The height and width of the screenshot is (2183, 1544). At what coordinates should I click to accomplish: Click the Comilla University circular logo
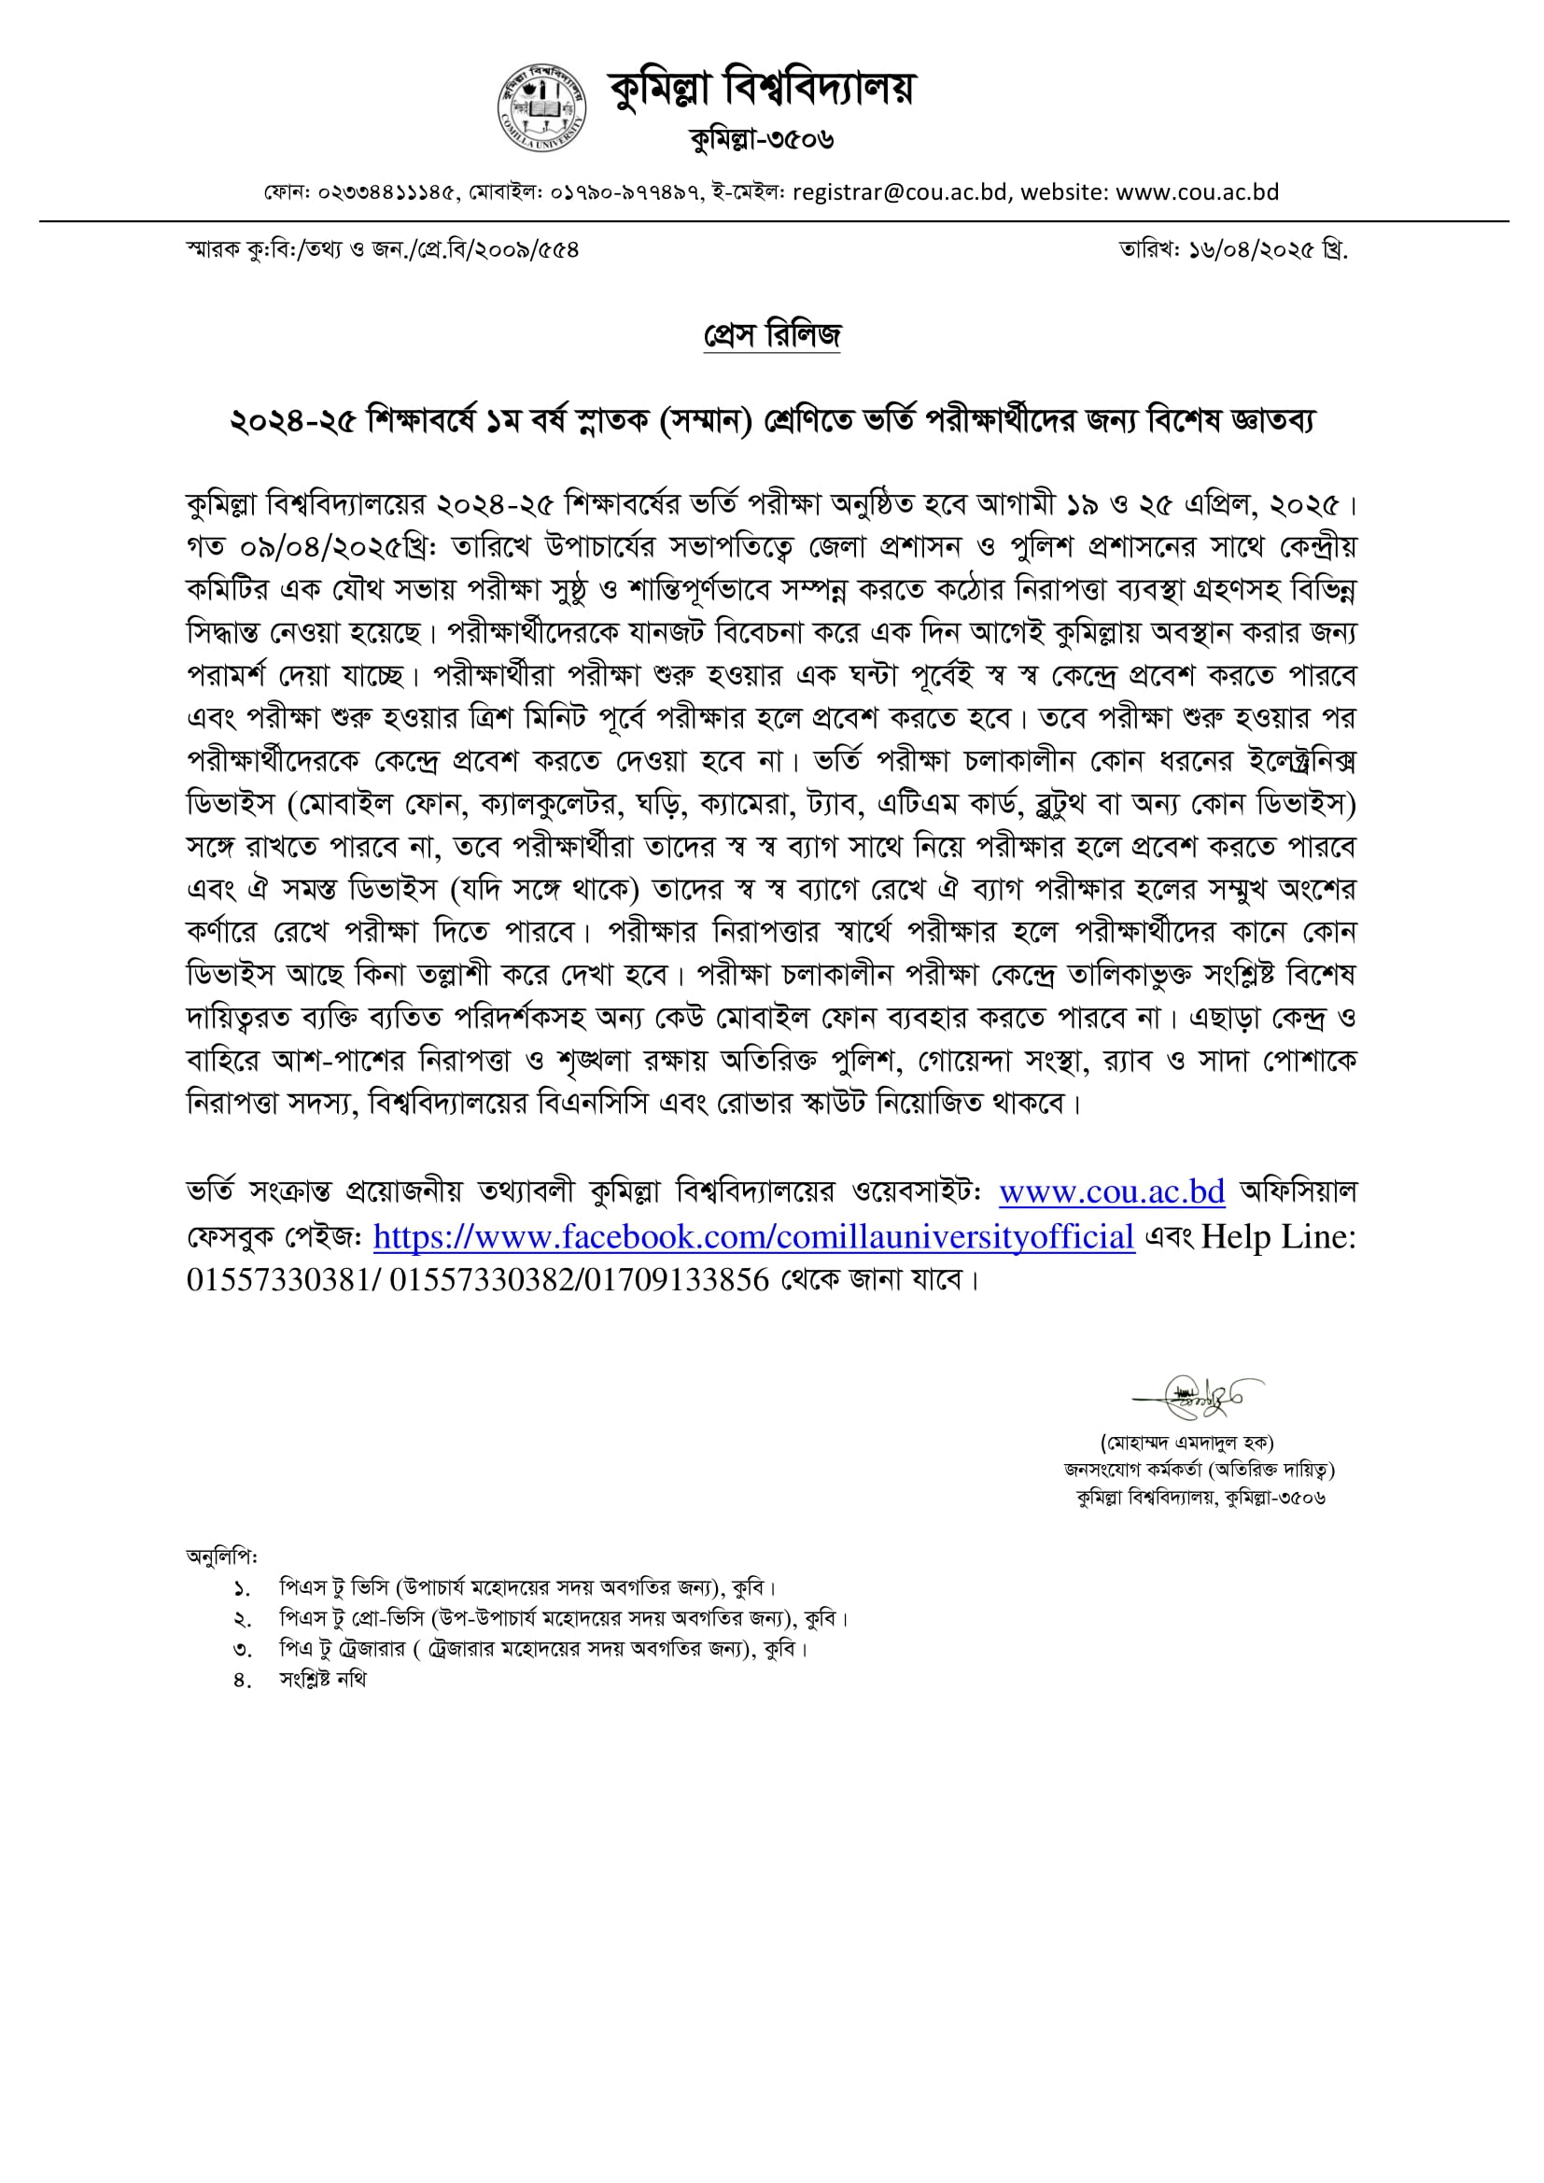(542, 106)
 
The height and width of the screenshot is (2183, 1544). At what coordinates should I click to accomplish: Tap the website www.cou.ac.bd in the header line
(1197, 192)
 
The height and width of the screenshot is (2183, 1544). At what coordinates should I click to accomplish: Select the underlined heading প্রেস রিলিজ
(772, 334)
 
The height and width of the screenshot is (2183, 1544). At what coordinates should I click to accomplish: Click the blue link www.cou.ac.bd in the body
(1112, 1192)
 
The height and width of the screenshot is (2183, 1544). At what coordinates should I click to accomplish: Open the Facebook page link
(754, 1237)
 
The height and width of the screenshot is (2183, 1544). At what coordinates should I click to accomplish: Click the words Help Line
(1277, 1237)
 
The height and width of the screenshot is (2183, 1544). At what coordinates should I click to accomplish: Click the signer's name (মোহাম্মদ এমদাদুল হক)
(1187, 1444)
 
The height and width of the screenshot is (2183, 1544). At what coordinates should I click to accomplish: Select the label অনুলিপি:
(221, 1556)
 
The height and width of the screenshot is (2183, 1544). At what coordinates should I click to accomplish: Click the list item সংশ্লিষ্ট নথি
(322, 1679)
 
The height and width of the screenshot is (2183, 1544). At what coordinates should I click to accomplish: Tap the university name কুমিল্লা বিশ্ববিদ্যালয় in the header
(761, 88)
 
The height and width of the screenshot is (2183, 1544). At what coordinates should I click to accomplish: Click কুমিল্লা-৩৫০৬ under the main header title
(763, 140)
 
